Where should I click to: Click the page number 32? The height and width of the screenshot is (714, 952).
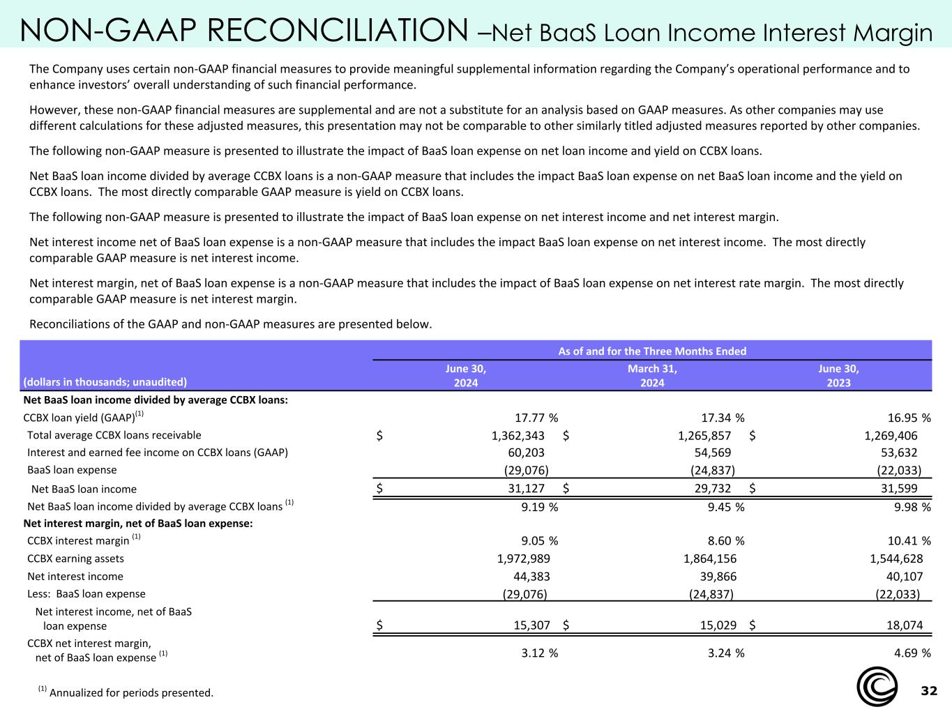point(929,691)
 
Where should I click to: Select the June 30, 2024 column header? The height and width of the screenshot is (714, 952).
point(466,375)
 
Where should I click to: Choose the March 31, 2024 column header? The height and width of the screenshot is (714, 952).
point(652,375)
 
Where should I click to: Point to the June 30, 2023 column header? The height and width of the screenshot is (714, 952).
point(838,375)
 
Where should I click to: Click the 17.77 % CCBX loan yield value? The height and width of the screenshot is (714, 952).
point(536,418)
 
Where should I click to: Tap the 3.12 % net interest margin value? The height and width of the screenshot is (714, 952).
point(539,653)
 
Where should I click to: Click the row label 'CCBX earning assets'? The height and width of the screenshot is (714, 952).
point(75,559)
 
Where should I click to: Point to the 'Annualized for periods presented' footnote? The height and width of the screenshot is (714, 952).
point(131,693)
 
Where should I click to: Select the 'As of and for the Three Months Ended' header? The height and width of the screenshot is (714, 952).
point(652,351)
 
